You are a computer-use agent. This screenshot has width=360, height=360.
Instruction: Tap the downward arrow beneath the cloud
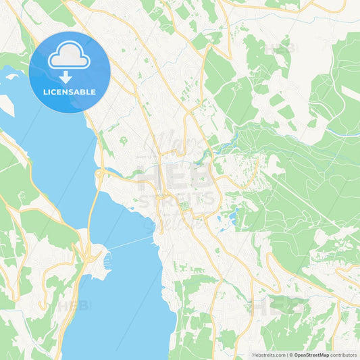[x=66, y=77]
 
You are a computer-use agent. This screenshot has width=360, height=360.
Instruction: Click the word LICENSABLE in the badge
[x=70, y=91]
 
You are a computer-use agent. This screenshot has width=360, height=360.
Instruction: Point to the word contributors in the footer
[x=344, y=355]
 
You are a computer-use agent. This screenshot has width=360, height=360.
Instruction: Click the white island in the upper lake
[x=11, y=76]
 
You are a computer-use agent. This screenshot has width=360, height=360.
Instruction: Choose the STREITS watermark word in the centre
[x=177, y=199]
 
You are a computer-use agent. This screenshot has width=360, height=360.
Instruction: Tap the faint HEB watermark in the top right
[x=279, y=49]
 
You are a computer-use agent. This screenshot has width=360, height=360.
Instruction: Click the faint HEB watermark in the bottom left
[x=74, y=305]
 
